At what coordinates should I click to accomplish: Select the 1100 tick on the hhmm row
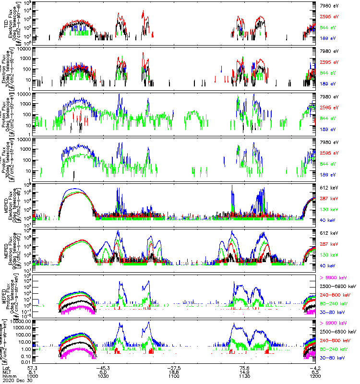click(173, 375)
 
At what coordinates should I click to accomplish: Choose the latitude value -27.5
click(173, 367)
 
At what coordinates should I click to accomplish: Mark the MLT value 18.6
click(173, 371)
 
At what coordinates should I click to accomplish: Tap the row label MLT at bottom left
click(7, 371)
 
